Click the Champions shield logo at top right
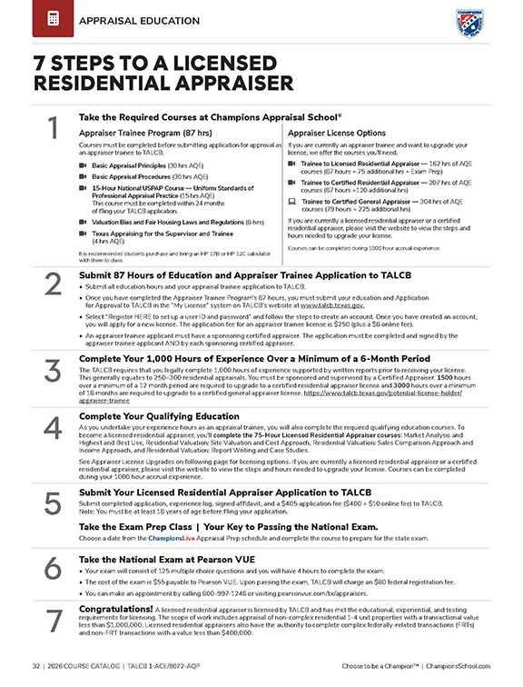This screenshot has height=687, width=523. pos(469,22)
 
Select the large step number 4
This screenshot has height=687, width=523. pos(53,429)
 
